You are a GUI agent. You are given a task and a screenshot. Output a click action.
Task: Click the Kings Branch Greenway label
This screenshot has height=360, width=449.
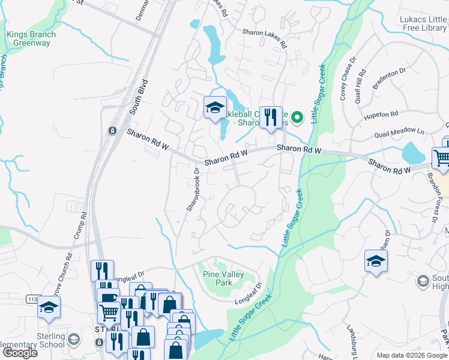pyautogui.click(x=31, y=39)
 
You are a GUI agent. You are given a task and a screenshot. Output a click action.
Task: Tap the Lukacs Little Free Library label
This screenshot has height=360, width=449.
pyautogui.click(x=423, y=23)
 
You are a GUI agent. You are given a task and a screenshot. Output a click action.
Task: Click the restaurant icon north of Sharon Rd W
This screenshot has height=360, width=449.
pyautogui.click(x=271, y=116)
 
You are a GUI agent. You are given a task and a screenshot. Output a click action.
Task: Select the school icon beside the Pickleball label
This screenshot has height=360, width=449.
pyautogui.click(x=215, y=108)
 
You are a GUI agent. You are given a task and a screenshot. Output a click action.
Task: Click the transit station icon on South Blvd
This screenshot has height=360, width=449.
pyautogui.click(x=112, y=131)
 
